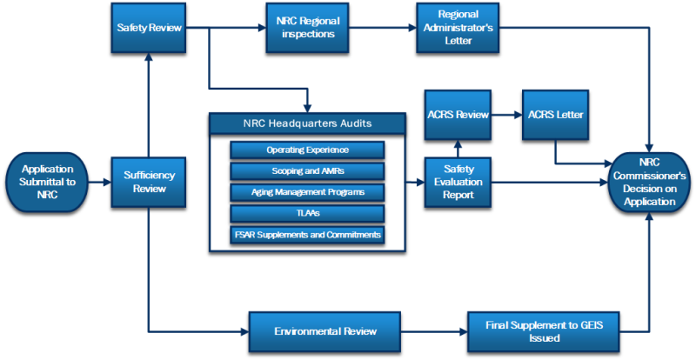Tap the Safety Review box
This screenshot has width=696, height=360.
coord(150,28)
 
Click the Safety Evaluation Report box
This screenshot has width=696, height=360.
coord(458,183)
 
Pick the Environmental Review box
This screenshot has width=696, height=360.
coord(325,331)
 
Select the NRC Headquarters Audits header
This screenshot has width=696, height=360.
coord(308,123)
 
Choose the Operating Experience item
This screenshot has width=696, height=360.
coord(307,150)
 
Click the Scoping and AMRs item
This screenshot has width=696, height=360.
coord(307,170)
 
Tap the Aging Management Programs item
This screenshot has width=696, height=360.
coord(307,191)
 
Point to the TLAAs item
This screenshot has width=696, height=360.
coord(307,213)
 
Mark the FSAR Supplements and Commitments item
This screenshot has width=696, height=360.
coord(307,235)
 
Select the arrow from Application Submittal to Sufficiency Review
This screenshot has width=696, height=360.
coord(99,182)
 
